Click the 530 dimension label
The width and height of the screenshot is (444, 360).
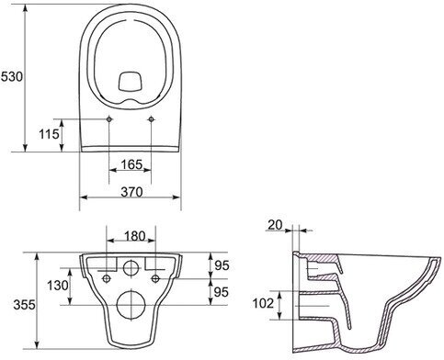click(x=12, y=76)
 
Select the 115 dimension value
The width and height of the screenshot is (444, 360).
click(x=49, y=134)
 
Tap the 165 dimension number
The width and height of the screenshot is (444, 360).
click(x=131, y=164)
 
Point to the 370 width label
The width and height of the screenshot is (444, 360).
click(x=131, y=192)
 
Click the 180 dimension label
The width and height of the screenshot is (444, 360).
click(x=135, y=236)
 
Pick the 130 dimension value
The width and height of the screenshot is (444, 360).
click(x=58, y=286)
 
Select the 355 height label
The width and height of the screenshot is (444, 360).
click(x=24, y=305)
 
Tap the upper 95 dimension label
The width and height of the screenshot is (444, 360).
click(x=222, y=265)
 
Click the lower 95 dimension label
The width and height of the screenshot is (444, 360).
click(x=222, y=292)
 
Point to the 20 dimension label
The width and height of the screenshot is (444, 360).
click(x=275, y=225)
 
